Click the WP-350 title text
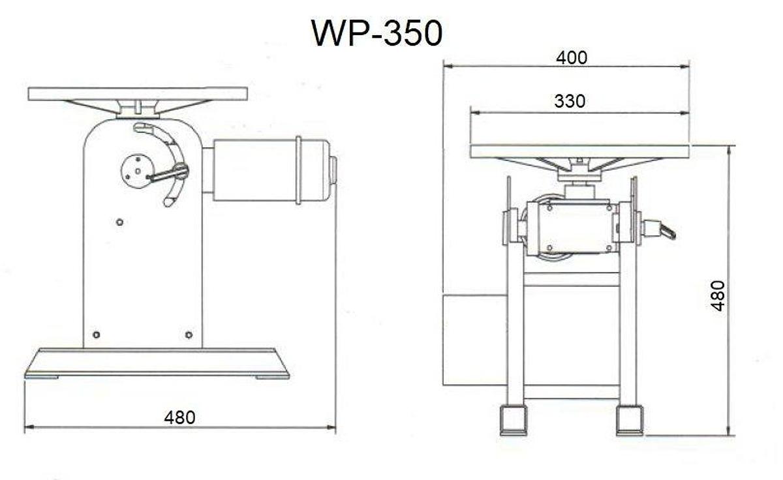377,33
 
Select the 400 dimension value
572,57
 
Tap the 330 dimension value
570,101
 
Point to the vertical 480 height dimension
718,295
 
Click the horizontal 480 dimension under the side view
179,417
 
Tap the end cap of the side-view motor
333,171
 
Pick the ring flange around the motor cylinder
298,170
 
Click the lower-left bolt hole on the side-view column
96,335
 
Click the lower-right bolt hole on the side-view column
189,335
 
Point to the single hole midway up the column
119,222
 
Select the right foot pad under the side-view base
271,376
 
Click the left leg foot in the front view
513,420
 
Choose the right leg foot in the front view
630,420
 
